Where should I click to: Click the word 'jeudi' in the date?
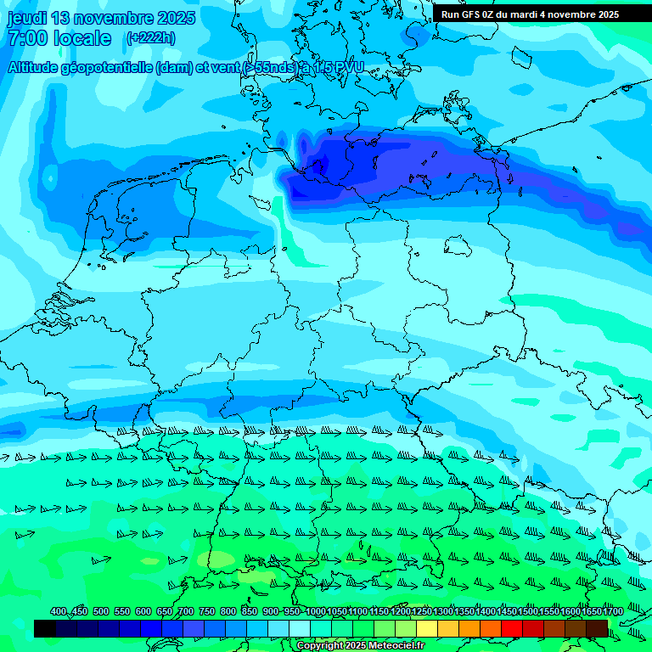pyautogui.click(x=28, y=18)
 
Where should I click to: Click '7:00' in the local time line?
pyautogui.click(x=26, y=38)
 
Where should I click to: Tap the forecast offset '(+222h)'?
pyautogui.click(x=151, y=37)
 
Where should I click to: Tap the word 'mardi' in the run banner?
pyautogui.click(x=538, y=14)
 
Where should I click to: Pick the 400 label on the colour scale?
pyautogui.click(x=59, y=612)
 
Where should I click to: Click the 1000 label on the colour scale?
pyautogui.click(x=316, y=612)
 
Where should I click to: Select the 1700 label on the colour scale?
pyautogui.click(x=613, y=612)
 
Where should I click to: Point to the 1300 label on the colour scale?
pyautogui.click(x=443, y=612)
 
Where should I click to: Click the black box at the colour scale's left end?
pyautogui.click(x=45, y=628)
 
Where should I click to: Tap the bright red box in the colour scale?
pyautogui.click(x=512, y=628)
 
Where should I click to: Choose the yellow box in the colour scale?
pyautogui.click(x=427, y=628)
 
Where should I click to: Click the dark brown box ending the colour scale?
pyautogui.click(x=597, y=628)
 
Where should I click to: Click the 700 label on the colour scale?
pyautogui.click(x=186, y=612)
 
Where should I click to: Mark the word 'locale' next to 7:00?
pyautogui.click(x=82, y=38)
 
